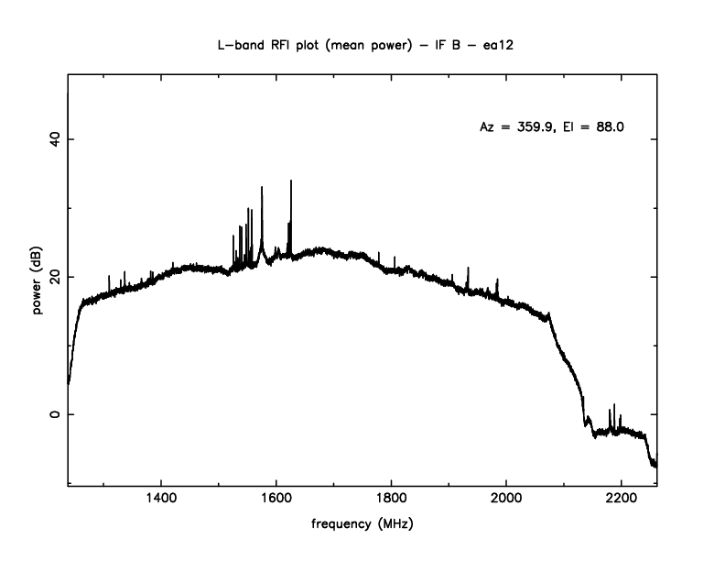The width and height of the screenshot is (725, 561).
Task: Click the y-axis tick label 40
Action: [x=53, y=138]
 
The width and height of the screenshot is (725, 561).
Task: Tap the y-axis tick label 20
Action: [x=53, y=276]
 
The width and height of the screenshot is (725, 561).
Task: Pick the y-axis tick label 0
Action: [x=53, y=414]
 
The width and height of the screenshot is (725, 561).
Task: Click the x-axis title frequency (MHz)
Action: [x=362, y=526]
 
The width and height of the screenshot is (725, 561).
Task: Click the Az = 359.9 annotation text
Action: [x=516, y=127]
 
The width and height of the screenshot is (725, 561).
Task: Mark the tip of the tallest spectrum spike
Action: [x=291, y=181]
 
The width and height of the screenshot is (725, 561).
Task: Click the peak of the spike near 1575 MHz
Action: [x=262, y=187]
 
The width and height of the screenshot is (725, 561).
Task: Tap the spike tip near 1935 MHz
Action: [x=468, y=268]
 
